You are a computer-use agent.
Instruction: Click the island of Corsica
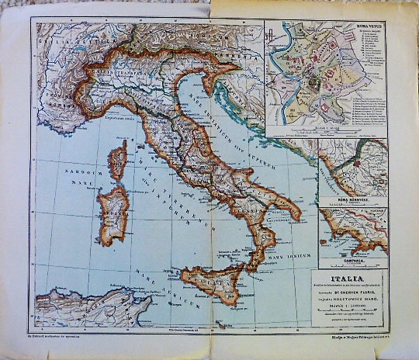click(x=118, y=164)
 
